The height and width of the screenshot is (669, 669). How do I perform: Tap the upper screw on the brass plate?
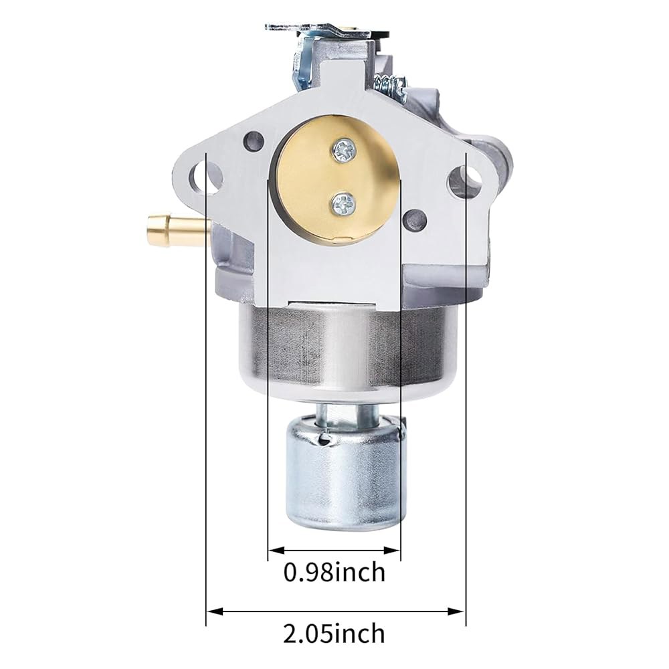click(345, 151)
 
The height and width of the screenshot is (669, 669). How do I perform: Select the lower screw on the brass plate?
click(343, 203)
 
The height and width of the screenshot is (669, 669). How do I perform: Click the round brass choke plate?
click(337, 179)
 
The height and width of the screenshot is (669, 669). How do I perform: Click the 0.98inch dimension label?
click(334, 572)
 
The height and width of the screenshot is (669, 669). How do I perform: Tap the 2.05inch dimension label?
click(334, 633)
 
